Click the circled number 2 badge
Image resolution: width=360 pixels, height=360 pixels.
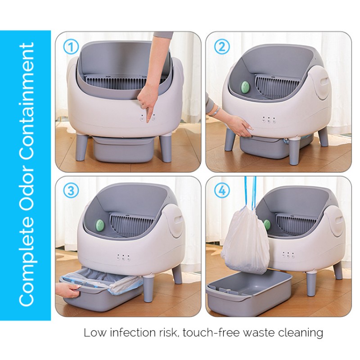point(222,46)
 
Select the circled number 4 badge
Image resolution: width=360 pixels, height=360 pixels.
point(222,191)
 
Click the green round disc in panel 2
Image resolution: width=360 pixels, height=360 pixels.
point(245,87)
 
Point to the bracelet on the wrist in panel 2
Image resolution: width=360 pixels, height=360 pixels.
point(215,110)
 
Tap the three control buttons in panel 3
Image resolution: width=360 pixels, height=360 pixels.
point(123,258)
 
